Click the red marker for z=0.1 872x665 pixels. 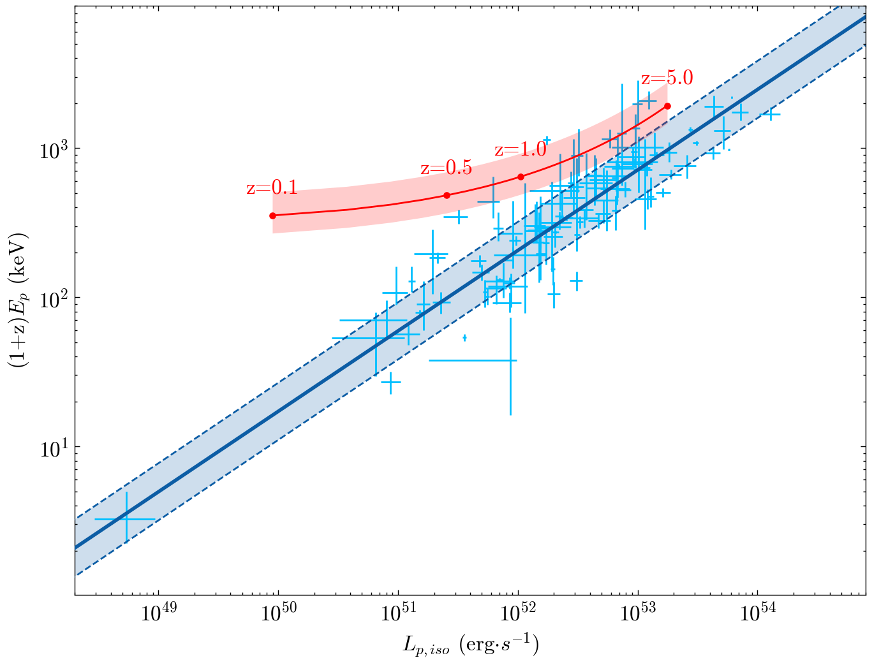(273, 216)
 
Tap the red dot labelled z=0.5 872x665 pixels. (447, 195)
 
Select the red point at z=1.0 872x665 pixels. (521, 177)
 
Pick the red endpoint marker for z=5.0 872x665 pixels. (667, 106)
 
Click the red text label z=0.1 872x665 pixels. (272, 188)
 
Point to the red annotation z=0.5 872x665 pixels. (447, 168)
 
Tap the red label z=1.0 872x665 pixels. (521, 150)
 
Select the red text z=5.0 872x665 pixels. (667, 78)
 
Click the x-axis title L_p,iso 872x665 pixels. (471, 645)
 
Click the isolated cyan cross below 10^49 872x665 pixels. (126, 519)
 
